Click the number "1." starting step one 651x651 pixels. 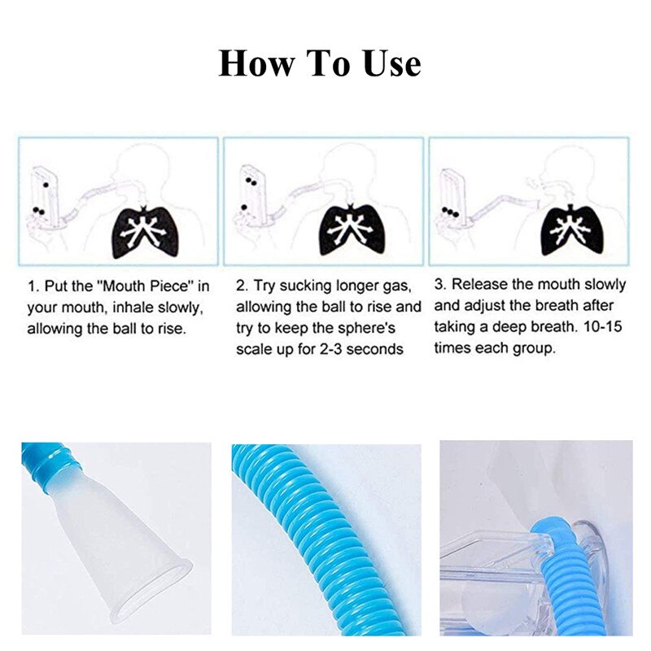pyautogui.click(x=34, y=287)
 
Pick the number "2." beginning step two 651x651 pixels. pyautogui.click(x=242, y=286)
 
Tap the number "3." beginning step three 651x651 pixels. pyautogui.click(x=440, y=285)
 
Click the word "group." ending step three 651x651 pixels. pyautogui.click(x=539, y=347)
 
